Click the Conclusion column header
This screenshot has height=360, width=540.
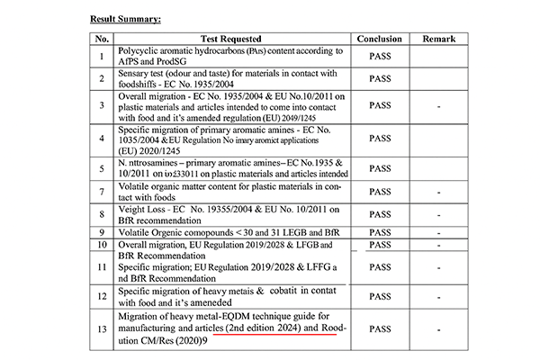(x=379, y=40)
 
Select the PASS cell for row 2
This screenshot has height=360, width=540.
(x=380, y=79)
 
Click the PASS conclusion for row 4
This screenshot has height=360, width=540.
(x=380, y=139)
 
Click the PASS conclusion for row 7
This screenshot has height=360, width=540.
(x=380, y=192)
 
